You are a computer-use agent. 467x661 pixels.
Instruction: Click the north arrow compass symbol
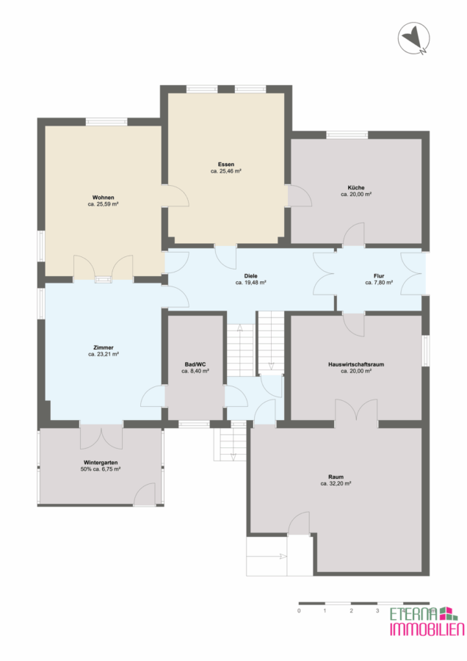(414, 38)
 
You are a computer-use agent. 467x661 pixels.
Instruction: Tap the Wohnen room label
(104, 198)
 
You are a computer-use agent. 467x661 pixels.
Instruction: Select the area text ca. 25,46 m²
(226, 171)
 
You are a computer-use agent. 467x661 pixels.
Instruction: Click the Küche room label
(356, 187)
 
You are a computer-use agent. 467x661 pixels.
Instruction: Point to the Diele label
(251, 276)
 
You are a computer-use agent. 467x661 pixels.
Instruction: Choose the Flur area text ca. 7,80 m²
(379, 283)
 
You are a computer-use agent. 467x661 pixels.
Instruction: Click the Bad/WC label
(195, 364)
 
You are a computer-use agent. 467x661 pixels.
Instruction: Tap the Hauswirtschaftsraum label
(356, 364)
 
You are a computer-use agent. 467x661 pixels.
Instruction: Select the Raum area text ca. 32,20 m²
(336, 483)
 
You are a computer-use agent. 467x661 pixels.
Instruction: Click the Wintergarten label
(101, 463)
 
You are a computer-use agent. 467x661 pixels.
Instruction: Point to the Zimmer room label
(104, 348)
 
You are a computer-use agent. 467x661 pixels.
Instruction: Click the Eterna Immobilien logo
(427, 621)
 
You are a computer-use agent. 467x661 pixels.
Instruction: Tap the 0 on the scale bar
(300, 610)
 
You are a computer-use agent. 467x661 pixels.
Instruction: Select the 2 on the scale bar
(352, 610)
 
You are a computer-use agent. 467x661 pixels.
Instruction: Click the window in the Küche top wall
(347, 135)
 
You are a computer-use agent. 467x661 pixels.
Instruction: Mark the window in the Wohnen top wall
(106, 122)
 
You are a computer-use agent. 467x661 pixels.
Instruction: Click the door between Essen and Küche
(298, 196)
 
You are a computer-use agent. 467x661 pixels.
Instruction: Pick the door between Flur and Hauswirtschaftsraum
(354, 325)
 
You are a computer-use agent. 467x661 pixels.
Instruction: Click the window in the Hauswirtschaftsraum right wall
(426, 351)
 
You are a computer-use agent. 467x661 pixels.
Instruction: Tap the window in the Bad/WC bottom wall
(195, 424)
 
